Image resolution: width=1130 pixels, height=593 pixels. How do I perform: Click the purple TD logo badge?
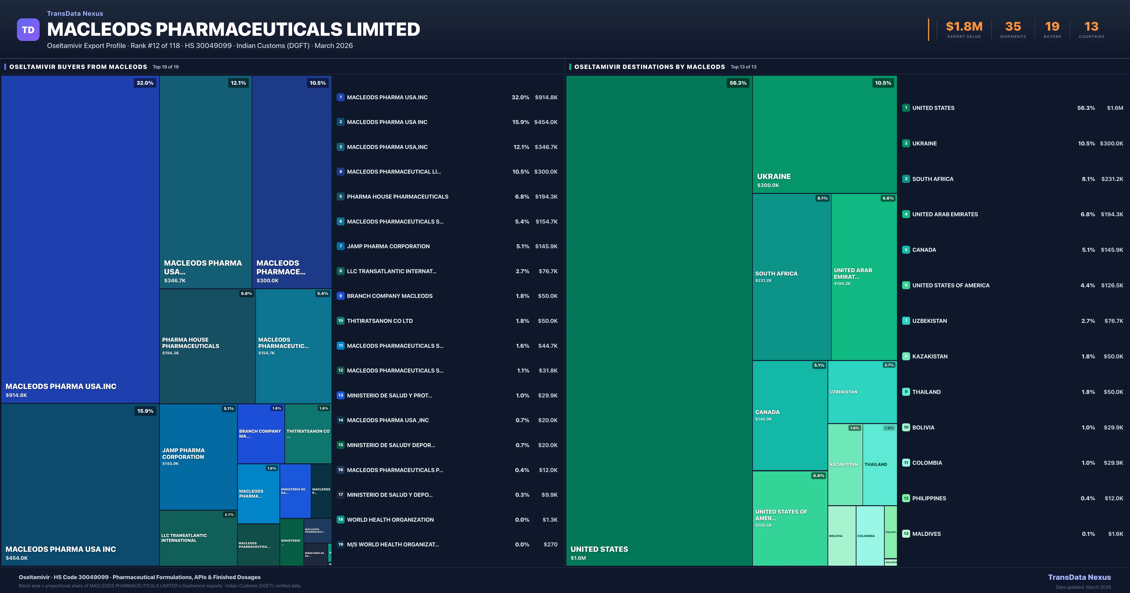click(x=28, y=30)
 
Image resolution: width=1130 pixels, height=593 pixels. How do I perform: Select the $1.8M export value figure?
click(x=964, y=27)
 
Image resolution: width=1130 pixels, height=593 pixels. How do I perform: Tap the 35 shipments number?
click(x=1013, y=27)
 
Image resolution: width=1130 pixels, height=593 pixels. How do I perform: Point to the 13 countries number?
click(x=1091, y=27)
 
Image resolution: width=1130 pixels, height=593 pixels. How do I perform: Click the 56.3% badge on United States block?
click(x=738, y=83)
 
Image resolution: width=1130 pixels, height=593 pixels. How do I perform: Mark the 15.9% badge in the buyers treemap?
click(x=145, y=411)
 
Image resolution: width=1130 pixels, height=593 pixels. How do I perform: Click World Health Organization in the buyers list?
click(x=390, y=520)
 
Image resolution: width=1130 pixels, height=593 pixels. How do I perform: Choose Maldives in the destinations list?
click(x=926, y=534)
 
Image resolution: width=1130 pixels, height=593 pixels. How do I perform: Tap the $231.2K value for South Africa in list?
click(x=1112, y=179)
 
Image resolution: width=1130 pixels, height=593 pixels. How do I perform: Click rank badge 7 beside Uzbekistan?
click(x=906, y=321)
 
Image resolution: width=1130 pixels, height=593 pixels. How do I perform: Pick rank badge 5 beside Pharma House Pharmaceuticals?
click(x=340, y=196)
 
